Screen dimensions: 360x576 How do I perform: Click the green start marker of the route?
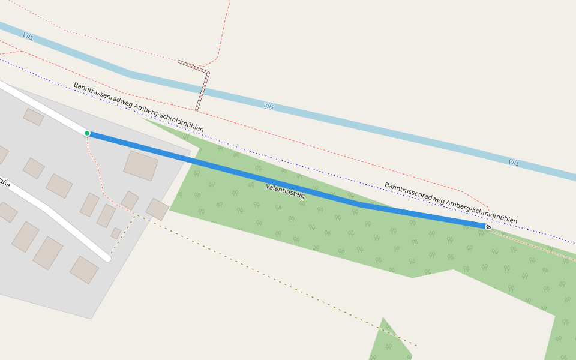point(87,133)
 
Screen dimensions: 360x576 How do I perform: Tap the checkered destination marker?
point(488,227)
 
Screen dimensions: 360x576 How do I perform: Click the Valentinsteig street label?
point(285,191)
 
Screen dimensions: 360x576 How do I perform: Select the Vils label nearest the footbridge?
point(269,106)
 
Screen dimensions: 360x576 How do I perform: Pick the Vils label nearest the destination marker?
point(514,162)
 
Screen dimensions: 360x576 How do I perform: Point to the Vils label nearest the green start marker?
point(28,36)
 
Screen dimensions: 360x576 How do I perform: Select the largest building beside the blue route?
point(141,165)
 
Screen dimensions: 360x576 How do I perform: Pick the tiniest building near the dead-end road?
point(116,233)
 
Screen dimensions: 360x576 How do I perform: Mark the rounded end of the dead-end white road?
point(107,258)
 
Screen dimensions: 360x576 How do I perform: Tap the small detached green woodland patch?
point(390,342)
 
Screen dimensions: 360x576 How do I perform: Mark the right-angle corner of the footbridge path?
point(208,73)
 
